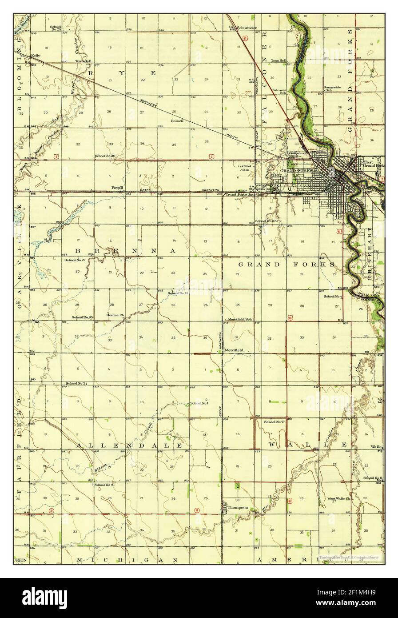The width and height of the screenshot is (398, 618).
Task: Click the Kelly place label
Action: [x=35, y=56]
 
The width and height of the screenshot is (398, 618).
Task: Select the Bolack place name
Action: [x=177, y=120]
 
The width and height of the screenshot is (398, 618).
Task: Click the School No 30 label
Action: [x=105, y=156]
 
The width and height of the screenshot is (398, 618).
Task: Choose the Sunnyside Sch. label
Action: [x=332, y=88]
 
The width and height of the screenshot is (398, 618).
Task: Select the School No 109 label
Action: [x=267, y=221]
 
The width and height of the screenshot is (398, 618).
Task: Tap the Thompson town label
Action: [x=238, y=507]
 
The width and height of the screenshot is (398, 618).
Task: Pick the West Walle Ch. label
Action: [x=339, y=498]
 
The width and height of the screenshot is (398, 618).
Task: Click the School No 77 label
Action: [x=274, y=421]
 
